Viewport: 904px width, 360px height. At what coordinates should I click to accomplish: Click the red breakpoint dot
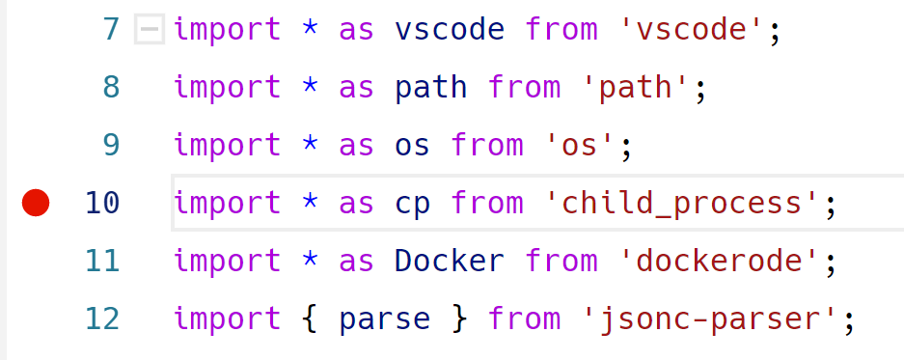coord(36,204)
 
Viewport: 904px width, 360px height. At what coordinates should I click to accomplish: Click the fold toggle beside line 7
coord(150,30)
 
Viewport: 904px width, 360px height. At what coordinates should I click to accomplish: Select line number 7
coord(111,30)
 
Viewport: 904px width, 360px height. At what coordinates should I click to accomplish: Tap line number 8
coord(111,88)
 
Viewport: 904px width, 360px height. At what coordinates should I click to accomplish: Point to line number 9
coord(111,146)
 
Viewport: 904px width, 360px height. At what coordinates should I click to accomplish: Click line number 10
coord(102,204)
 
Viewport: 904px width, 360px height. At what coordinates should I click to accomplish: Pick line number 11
coord(102,262)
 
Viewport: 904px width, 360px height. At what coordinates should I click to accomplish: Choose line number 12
coord(102,319)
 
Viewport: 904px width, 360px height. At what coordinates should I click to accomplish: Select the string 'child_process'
coord(682,204)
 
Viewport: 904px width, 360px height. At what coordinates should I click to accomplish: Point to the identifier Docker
coord(451,262)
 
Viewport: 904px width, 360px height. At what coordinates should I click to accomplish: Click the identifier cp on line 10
coord(413,204)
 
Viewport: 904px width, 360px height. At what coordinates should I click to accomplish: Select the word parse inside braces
coord(385,319)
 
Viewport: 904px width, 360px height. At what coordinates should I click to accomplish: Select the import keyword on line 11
coord(228,262)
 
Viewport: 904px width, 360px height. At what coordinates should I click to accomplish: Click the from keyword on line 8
coord(524,88)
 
